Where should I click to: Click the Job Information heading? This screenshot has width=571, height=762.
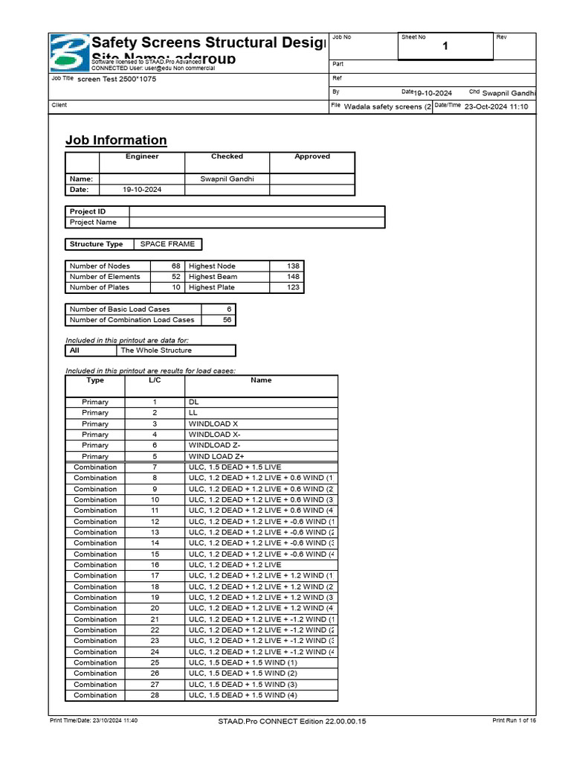click(116, 140)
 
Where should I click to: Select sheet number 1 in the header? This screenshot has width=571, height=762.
click(445, 47)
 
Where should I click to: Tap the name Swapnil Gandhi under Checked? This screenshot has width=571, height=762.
click(227, 179)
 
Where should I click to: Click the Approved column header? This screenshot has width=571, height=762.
click(312, 156)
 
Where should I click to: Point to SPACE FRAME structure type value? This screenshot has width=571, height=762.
click(167, 244)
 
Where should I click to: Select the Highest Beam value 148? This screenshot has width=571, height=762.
click(289, 277)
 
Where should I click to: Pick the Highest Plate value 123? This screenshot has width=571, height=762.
click(289, 287)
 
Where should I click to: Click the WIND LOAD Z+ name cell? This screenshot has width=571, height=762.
click(216, 456)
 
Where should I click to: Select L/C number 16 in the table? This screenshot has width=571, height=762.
click(155, 565)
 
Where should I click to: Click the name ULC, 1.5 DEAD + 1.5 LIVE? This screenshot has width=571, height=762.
click(235, 467)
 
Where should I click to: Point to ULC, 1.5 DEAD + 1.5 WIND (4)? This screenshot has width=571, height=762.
click(242, 695)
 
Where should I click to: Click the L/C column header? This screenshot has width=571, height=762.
click(155, 380)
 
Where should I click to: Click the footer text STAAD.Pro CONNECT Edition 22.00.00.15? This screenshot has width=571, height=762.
click(292, 721)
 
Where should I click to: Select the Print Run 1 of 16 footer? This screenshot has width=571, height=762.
click(514, 721)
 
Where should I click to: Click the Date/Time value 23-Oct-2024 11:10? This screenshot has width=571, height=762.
click(496, 106)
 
